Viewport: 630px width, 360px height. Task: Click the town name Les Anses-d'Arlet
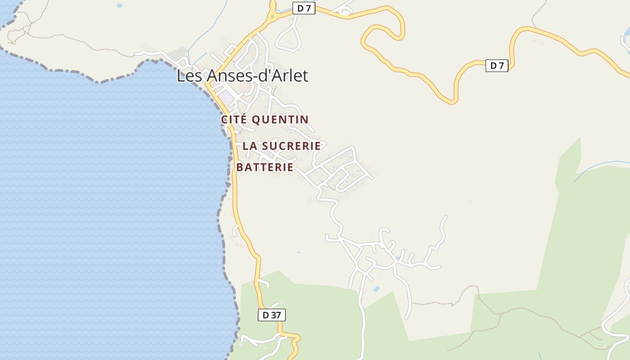242,76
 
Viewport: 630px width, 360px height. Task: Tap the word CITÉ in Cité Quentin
234,120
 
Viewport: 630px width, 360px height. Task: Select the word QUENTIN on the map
280,120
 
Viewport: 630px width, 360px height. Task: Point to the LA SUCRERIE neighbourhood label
282,146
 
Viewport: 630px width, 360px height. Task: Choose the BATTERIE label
265,167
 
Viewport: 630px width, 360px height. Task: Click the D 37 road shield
271,315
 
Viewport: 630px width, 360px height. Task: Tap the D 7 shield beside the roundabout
304,8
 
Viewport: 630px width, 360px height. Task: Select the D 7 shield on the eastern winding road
497,66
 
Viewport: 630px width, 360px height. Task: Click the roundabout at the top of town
272,17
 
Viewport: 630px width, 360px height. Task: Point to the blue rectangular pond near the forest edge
376,288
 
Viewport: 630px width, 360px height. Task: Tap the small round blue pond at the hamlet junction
398,258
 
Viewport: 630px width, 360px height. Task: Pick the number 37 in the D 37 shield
275,315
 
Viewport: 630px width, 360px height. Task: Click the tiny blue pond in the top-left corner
119,5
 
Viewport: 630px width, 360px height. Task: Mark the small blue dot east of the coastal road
298,252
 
